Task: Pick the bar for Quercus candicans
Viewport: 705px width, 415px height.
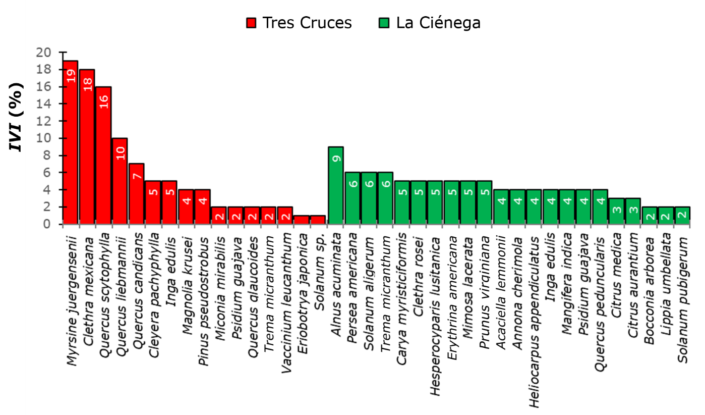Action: [137, 194]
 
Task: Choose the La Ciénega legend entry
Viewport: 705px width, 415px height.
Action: [430, 23]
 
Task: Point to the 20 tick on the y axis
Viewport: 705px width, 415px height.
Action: [44, 53]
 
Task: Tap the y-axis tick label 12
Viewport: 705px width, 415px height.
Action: [44, 121]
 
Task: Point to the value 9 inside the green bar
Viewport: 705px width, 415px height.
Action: [336, 158]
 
